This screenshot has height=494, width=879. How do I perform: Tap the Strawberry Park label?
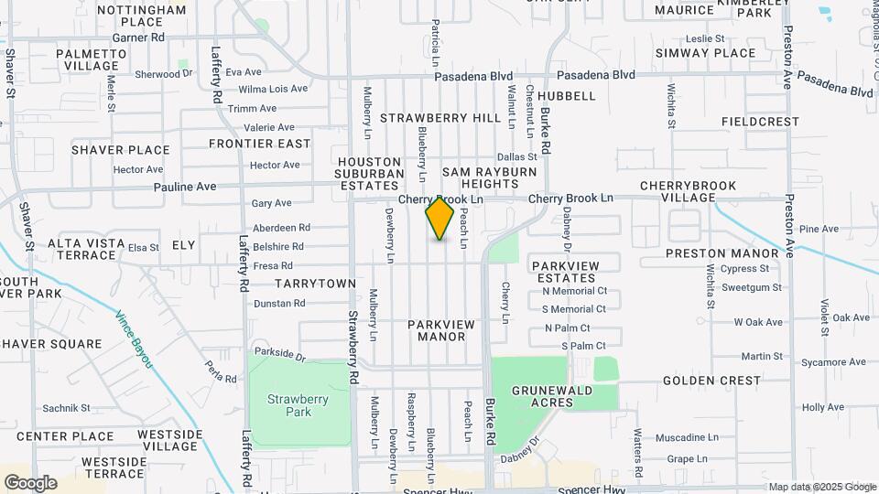(x=290, y=404)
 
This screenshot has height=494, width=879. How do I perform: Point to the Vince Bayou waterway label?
(x=135, y=340)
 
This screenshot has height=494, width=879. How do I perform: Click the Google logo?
(x=30, y=483)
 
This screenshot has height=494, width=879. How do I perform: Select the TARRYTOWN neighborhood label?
(x=315, y=284)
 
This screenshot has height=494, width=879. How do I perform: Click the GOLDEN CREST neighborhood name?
(x=711, y=380)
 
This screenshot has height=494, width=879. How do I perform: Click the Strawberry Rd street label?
(x=353, y=348)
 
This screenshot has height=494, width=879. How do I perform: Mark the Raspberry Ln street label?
(x=411, y=421)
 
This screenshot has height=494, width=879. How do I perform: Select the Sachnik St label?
(x=66, y=408)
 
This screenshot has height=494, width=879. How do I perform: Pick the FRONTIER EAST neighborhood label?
(x=260, y=144)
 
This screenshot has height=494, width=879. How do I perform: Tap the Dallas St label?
(x=516, y=157)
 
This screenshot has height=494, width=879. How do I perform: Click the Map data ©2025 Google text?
(x=820, y=487)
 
